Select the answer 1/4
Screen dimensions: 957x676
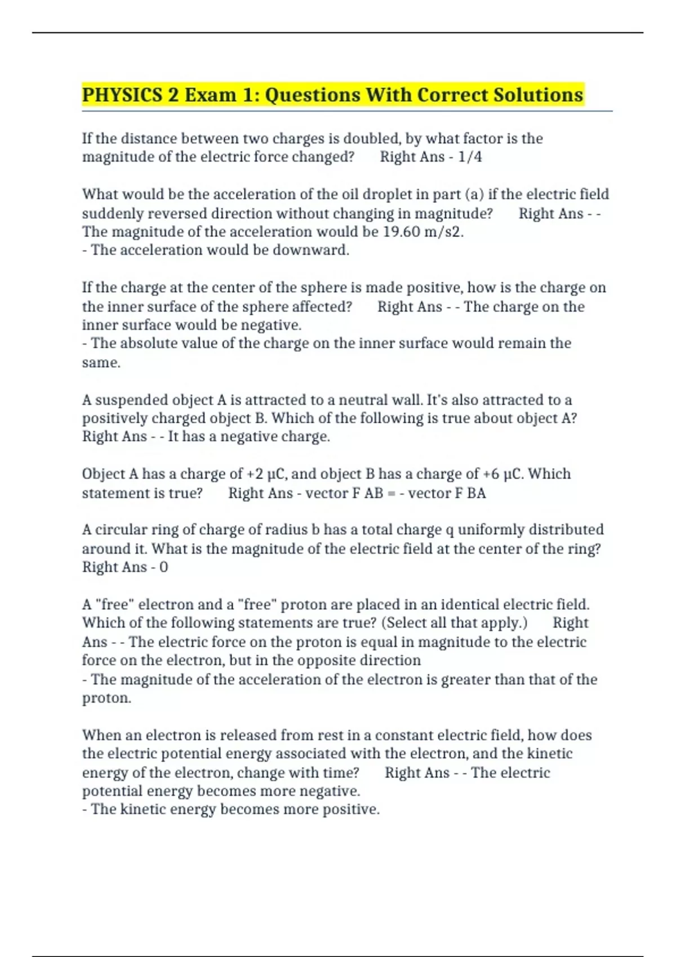pyautogui.click(x=470, y=157)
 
